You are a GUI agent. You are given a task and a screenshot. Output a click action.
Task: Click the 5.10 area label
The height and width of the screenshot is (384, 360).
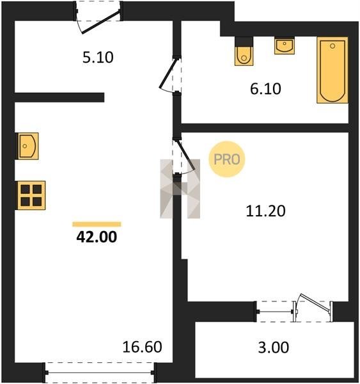[x=98, y=58]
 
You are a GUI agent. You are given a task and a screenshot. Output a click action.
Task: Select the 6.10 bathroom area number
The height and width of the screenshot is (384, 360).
[x=265, y=89]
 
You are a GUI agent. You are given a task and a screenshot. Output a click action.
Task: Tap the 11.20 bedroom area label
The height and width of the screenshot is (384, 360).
[x=265, y=211]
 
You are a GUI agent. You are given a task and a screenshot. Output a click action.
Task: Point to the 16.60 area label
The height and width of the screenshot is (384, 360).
[x=142, y=347]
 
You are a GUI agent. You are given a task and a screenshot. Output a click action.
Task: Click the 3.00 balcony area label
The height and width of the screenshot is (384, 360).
[x=274, y=348]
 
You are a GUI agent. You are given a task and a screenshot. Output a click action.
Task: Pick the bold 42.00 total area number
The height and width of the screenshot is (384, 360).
[x=97, y=237]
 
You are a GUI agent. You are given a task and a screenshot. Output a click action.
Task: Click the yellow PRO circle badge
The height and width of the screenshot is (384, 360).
[x=227, y=159]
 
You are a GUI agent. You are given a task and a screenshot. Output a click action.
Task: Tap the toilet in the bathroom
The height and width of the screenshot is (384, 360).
[x=244, y=51]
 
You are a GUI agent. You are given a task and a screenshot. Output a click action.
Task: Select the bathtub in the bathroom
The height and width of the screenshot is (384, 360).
[x=333, y=70]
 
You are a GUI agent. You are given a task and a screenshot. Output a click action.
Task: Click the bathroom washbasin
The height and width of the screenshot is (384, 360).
[x=285, y=45]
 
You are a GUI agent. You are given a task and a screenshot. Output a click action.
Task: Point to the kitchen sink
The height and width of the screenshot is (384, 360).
[x=27, y=146]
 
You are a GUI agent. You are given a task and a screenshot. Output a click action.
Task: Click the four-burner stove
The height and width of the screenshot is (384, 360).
[x=31, y=195]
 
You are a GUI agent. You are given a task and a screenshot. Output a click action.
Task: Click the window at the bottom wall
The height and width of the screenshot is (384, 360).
[x=100, y=372]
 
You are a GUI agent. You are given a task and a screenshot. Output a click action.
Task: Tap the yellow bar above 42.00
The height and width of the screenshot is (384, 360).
[x=97, y=224]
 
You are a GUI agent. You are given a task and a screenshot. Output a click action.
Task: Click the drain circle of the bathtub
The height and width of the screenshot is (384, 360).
[x=333, y=46]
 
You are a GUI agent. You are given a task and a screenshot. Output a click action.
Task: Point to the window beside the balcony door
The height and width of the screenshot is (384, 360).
[x=275, y=312]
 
